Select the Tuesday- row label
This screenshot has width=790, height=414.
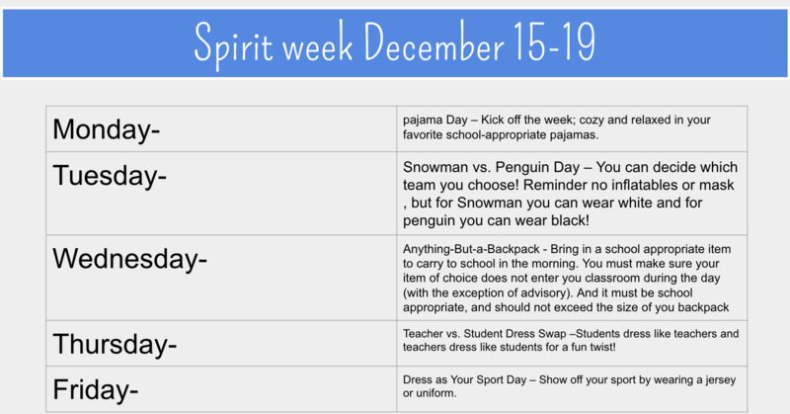click(x=110, y=177)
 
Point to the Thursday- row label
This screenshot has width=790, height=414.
click(x=115, y=344)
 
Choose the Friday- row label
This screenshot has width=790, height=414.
click(x=96, y=389)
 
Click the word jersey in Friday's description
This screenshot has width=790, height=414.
click(x=715, y=379)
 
